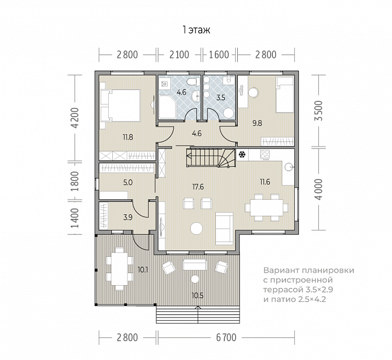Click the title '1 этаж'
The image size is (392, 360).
click(196, 30)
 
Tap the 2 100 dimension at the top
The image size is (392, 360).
click(179, 54)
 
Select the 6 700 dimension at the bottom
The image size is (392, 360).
click(226, 337)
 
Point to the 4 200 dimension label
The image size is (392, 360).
click(75, 118)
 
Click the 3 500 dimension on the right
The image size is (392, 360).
click(319, 110)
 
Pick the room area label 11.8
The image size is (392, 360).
click(128, 137)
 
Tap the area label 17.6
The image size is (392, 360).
click(198, 187)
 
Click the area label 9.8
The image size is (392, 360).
click(257, 123)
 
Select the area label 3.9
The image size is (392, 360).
click(128, 217)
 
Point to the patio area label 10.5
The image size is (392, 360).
click(198, 296)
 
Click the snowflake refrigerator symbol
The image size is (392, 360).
click(241, 154)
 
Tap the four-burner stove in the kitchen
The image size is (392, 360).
click(265, 154)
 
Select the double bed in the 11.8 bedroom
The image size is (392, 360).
click(120, 105)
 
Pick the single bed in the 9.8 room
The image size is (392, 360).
click(284, 95)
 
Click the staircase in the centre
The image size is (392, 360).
click(211, 157)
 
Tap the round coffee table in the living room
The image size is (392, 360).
click(197, 228)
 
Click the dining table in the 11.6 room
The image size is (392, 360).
click(267, 208)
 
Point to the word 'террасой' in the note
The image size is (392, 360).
click(282, 290)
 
